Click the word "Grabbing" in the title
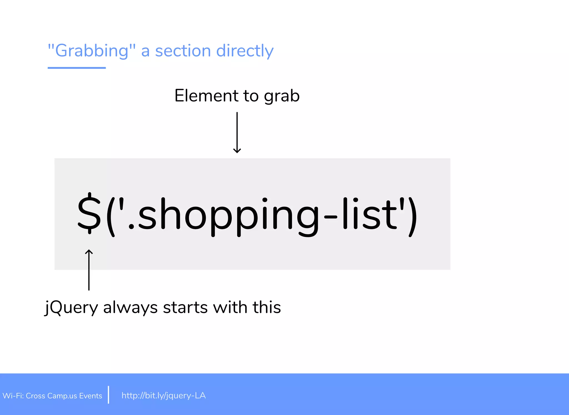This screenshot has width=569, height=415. coord(92,51)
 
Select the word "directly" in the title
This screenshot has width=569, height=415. coord(245,51)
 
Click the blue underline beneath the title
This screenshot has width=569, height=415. coord(77,68)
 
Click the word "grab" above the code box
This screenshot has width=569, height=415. coord(282,96)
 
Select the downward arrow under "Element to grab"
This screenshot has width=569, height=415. coord(237,132)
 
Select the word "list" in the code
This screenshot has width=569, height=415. coord(370,214)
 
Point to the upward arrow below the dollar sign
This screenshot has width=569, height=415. coord(89,269)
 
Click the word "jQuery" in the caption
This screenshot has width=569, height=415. coord(71,308)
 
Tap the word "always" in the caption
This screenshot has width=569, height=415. coord(130,308)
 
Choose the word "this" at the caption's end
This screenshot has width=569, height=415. coord(267,307)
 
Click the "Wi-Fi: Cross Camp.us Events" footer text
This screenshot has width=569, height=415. coord(52,396)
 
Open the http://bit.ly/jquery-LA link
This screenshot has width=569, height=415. coord(164,396)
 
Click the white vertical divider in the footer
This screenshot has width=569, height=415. coord(108,394)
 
